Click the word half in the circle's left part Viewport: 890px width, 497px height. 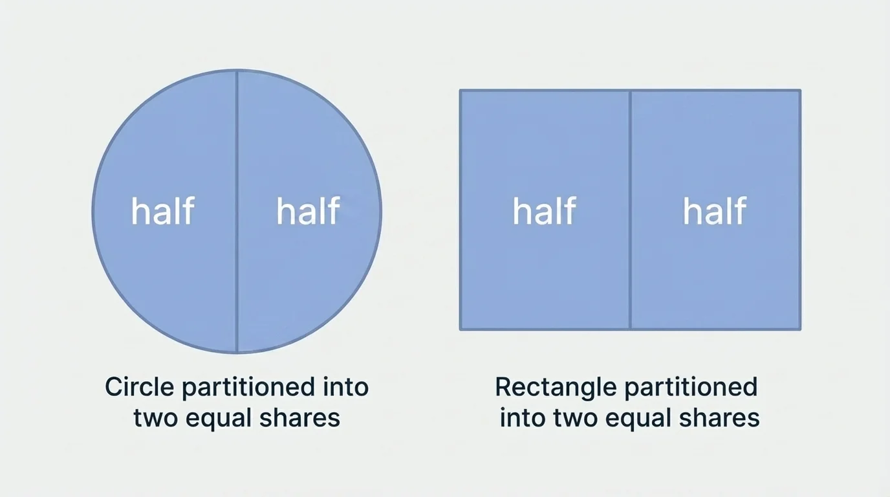click(x=162, y=211)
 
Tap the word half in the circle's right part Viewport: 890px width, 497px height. click(x=308, y=211)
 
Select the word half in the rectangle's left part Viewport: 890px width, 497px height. click(x=544, y=211)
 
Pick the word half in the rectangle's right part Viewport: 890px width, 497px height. click(x=715, y=211)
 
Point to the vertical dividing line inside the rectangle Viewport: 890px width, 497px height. click(x=630, y=272)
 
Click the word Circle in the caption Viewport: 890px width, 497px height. click(x=139, y=388)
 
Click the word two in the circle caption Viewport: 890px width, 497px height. click(x=155, y=418)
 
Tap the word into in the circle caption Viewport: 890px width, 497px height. click(x=345, y=388)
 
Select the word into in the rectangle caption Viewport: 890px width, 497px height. click(x=521, y=417)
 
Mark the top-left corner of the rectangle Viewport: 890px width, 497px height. click(x=461, y=91)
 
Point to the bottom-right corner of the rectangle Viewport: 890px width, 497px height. click(x=800, y=329)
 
